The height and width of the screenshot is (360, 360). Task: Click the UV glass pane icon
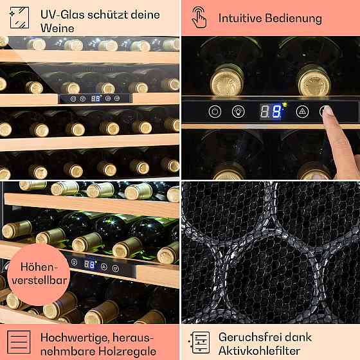pyautogui.click(x=19, y=18)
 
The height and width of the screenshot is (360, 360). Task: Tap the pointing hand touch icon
pyautogui.click(x=199, y=17)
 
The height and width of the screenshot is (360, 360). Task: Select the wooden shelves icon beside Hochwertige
pyautogui.click(x=19, y=342)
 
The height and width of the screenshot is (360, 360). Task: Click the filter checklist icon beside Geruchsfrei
pyautogui.click(x=199, y=342)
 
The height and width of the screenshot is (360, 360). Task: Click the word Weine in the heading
pyautogui.click(x=57, y=28)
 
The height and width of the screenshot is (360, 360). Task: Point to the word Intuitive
pyautogui.click(x=240, y=18)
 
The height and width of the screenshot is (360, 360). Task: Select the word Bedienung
pyautogui.click(x=293, y=19)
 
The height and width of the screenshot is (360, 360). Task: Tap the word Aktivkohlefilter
pyautogui.click(x=259, y=351)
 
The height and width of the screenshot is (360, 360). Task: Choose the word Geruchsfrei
pyautogui.click(x=250, y=337)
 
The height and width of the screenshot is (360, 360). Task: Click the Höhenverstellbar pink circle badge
pyautogui.click(x=39, y=274)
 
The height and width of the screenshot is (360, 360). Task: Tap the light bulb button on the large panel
pyautogui.click(x=239, y=112)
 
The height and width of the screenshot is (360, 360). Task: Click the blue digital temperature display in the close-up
pyautogui.click(x=271, y=111)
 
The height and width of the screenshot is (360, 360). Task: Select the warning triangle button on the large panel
pyautogui.click(x=302, y=112)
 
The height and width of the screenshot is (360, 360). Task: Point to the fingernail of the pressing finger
pyautogui.click(x=327, y=111)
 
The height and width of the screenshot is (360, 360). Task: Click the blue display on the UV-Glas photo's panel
pyautogui.click(x=96, y=98)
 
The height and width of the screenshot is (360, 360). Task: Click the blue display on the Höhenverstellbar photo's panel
pyautogui.click(x=89, y=264)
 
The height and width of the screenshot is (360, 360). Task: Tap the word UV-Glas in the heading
pyautogui.click(x=62, y=15)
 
